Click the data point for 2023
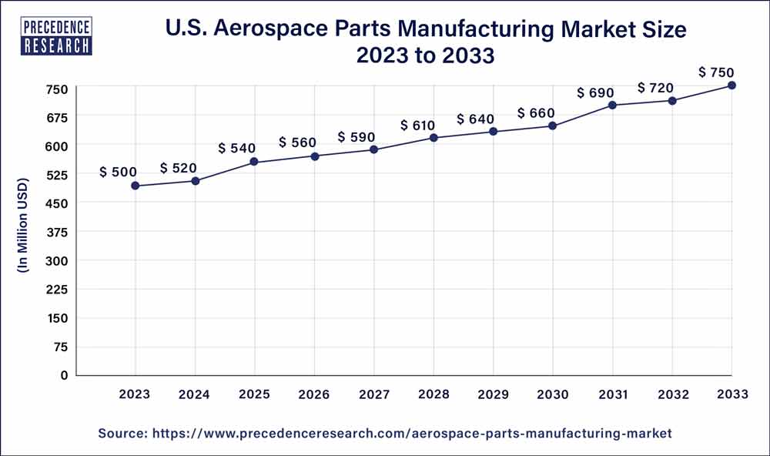pyautogui.click(x=136, y=186)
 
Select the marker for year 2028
pyautogui.click(x=434, y=138)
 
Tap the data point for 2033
pyautogui.click(x=731, y=85)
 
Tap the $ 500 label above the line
pyautogui.click(x=119, y=173)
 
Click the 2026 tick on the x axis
pyautogui.click(x=314, y=394)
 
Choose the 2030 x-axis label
pyautogui.click(x=553, y=394)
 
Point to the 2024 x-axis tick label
pyautogui.click(x=195, y=394)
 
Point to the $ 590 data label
pyautogui.click(x=357, y=137)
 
